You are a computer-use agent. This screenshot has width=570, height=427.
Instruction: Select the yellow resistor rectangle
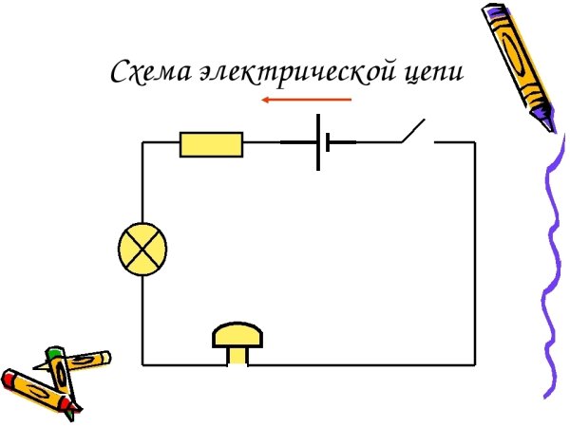[211, 144]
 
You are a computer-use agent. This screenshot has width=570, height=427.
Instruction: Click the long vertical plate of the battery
[317, 142]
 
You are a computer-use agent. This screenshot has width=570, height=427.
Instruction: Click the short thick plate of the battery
[327, 142]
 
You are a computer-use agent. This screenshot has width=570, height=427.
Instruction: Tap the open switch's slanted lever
[411, 131]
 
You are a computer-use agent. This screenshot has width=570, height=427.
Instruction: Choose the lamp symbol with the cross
[142, 250]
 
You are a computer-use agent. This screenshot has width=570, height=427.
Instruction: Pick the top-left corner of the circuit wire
[143, 142]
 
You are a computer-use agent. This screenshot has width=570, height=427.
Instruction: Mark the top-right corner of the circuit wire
[474, 142]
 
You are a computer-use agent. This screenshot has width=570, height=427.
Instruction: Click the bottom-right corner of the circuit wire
[474, 363]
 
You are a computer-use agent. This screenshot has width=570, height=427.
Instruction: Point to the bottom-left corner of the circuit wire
[143, 363]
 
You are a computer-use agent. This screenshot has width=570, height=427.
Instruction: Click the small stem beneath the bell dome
[237, 355]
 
